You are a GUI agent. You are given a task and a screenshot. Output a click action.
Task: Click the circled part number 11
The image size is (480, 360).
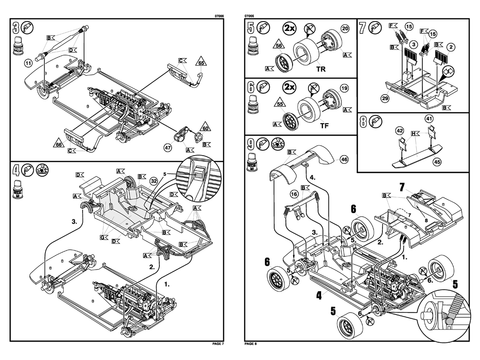[x=29, y=62]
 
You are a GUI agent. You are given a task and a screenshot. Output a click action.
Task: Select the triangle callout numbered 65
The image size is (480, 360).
[x=201, y=62]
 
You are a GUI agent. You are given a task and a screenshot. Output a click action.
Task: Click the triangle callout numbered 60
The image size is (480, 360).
[x=205, y=127]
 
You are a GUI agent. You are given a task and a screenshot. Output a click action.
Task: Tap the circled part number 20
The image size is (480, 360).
[x=345, y=29]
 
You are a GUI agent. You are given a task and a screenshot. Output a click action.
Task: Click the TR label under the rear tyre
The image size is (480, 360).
[x=321, y=69]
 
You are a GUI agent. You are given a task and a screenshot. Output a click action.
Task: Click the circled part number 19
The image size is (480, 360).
[x=344, y=88]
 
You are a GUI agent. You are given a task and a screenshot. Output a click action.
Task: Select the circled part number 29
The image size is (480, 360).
[x=385, y=98]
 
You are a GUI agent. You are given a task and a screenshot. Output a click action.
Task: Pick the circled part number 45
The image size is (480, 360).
[x=436, y=162]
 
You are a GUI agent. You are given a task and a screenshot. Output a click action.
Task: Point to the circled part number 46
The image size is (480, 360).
[x=344, y=159]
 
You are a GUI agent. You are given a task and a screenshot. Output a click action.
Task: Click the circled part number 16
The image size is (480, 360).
[x=294, y=194]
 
